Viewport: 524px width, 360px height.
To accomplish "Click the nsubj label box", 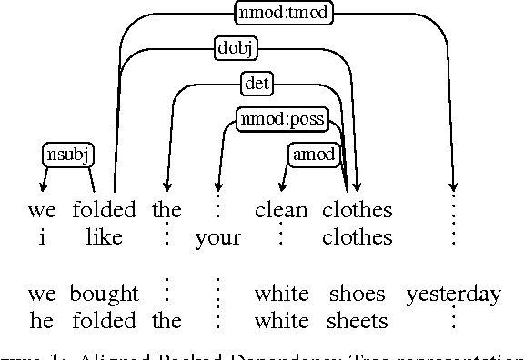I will pos(68,155).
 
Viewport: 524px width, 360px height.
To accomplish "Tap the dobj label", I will pos(235,48).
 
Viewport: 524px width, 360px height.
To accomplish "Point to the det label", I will pos(257,84).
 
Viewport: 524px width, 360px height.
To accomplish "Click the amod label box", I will pos(314,154).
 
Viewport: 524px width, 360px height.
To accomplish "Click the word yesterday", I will pos(453,294).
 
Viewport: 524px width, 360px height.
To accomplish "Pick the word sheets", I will pos(357,320).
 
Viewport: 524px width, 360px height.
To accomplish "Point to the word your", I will pos(218,238).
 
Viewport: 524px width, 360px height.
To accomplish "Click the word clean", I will pos(281,211).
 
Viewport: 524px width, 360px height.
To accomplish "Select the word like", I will pos(105,238).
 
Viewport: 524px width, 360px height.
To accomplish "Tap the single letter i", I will pos(42,238).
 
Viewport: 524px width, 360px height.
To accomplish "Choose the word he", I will pos(42,320).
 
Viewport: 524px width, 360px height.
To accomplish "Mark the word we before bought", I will pos(42,294).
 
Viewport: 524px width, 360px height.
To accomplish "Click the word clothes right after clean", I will pos(357,211).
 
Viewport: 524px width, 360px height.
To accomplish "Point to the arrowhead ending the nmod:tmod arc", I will pos(453,188).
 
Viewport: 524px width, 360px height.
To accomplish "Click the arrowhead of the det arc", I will pos(166,188).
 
